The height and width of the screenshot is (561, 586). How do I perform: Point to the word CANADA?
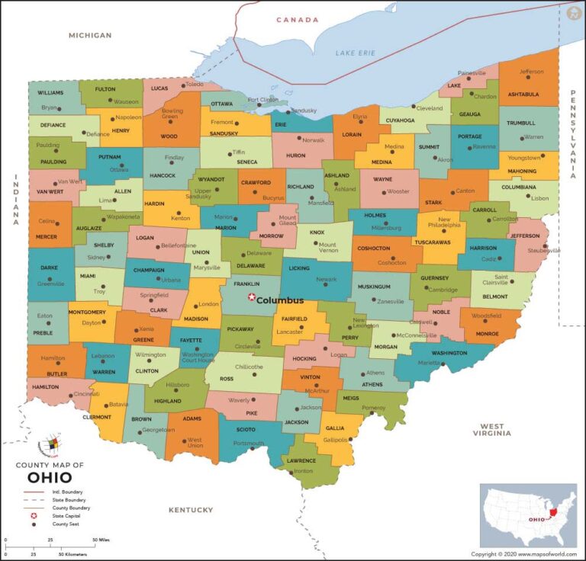pos(297,20)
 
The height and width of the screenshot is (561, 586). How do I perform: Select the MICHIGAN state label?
pos(90,35)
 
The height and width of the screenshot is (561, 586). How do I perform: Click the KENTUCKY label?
pos(191,509)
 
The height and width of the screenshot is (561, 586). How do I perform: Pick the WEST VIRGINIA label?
pos(491,430)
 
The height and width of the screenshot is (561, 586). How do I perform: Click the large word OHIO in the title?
pos(50,479)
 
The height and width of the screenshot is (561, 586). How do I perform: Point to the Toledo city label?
pos(195,84)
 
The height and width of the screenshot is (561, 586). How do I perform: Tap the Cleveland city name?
pos(429,108)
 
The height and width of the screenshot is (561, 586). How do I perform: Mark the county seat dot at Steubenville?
pos(545,246)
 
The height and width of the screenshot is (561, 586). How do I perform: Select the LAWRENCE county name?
pos(301,461)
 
